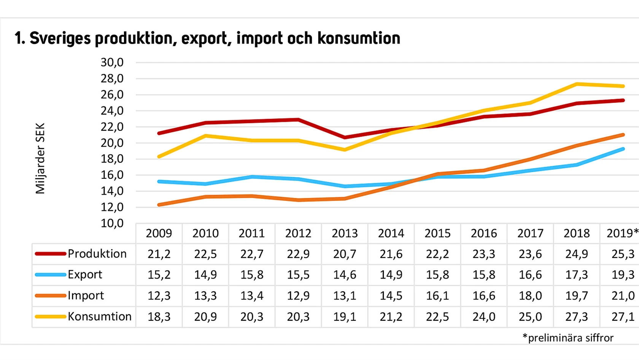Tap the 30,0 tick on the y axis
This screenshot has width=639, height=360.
point(112,62)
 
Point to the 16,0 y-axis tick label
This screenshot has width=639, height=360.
point(112,175)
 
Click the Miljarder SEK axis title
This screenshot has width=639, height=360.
point(40,158)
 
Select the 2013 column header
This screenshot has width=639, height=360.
point(345,233)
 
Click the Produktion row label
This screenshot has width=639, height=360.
point(97,254)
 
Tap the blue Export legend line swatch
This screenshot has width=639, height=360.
point(50,275)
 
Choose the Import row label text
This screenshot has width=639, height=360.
point(86,296)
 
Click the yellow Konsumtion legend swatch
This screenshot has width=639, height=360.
point(50,317)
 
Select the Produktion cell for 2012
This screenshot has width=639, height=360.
point(298,254)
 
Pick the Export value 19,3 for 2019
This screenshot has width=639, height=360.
point(623,275)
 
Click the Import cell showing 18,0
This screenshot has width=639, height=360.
point(530,296)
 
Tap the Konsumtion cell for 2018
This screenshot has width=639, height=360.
point(577,317)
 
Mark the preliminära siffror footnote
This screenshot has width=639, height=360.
point(568,338)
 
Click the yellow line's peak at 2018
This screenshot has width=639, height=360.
point(577,84)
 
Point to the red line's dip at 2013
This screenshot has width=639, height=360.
point(345,137)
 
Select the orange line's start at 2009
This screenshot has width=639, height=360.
point(159,205)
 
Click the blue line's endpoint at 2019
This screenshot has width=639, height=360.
point(623,149)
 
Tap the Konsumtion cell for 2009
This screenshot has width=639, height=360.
point(159,317)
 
